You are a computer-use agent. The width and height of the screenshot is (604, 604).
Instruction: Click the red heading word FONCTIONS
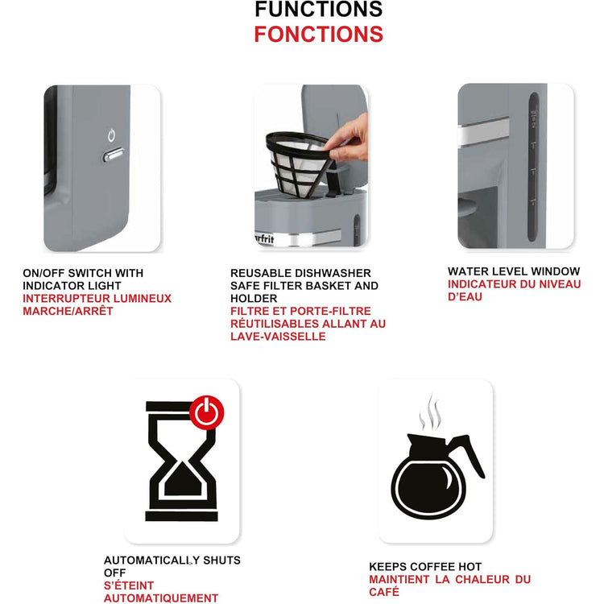click(x=318, y=35)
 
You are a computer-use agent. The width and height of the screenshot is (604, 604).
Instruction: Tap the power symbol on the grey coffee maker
click(x=112, y=134)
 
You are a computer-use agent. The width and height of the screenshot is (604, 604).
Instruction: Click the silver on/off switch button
click(x=113, y=154)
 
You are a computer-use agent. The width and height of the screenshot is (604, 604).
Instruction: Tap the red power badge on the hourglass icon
click(x=208, y=412)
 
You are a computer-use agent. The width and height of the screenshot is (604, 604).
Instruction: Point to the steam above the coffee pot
click(x=431, y=412)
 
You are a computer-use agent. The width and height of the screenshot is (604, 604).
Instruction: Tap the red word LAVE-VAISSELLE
click(x=278, y=336)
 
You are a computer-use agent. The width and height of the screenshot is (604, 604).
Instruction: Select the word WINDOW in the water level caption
click(x=552, y=271)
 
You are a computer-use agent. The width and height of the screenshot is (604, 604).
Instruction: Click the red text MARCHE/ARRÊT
click(x=68, y=311)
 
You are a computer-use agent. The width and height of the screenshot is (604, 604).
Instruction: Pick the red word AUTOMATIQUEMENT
click(x=160, y=598)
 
